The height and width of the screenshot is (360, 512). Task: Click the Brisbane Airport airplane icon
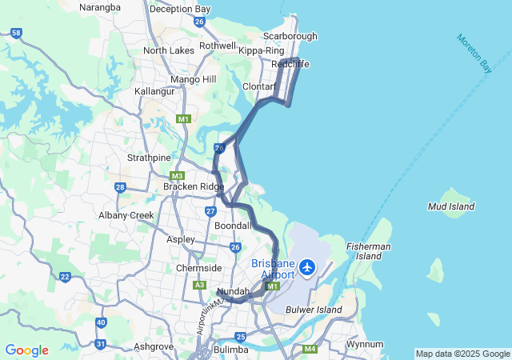(x=306, y=266)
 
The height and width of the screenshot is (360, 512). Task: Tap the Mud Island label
(x=451, y=206)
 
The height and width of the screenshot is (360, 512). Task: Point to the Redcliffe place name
(x=290, y=64)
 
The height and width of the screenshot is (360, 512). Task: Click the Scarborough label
(x=290, y=36)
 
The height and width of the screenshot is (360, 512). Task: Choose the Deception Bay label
(x=180, y=9)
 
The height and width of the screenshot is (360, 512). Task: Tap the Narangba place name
(x=100, y=8)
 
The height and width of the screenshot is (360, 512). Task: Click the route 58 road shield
(x=17, y=33)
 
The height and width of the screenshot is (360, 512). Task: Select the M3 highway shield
(x=177, y=176)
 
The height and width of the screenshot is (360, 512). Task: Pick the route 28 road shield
(x=120, y=187)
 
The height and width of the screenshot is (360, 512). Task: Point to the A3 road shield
(x=199, y=285)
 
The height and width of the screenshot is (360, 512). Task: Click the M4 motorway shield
(x=310, y=349)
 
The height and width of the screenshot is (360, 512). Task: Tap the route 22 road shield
(x=65, y=278)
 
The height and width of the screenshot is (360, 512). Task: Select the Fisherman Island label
(x=368, y=251)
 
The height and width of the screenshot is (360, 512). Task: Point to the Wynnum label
(x=364, y=344)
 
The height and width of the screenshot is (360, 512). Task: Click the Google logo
(x=26, y=350)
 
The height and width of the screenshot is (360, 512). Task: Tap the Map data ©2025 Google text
(x=462, y=354)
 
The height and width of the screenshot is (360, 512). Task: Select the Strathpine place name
(x=149, y=158)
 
